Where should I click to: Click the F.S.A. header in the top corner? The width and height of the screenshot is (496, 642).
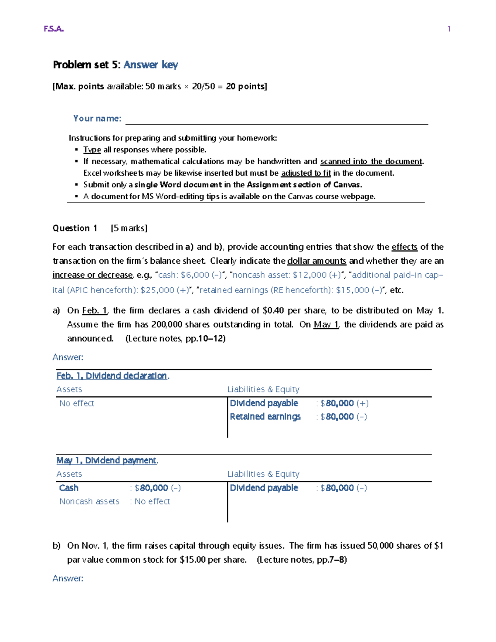[54, 29]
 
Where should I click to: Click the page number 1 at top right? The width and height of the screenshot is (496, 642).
[449, 29]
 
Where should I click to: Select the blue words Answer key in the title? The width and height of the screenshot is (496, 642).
[151, 65]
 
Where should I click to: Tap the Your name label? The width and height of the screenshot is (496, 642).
[97, 119]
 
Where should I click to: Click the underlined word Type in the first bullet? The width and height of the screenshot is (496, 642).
[92, 150]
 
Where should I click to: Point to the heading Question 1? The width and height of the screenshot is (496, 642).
[75, 228]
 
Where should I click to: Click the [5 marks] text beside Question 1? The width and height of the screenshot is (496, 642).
[129, 228]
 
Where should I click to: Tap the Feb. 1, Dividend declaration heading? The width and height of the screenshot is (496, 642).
[112, 376]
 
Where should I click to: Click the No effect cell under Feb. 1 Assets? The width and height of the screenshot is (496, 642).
[76, 403]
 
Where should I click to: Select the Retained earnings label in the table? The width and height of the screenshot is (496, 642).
[265, 417]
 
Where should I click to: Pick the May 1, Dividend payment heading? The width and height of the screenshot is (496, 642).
[106, 461]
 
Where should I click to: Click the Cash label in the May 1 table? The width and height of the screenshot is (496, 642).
[69, 488]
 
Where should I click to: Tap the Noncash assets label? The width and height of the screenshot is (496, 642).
[89, 501]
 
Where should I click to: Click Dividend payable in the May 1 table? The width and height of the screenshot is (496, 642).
[264, 488]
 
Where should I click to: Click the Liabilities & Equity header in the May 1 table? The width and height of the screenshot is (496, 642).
[263, 474]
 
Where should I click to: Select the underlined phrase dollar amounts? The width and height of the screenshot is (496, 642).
[317, 261]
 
